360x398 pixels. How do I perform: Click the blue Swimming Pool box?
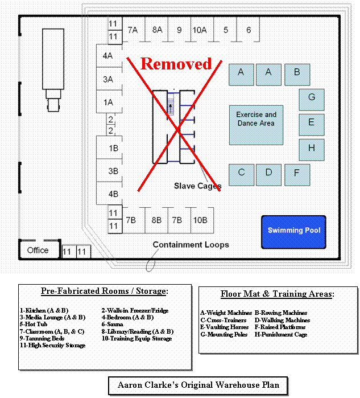[x=293, y=232]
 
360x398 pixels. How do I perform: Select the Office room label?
[x=38, y=250]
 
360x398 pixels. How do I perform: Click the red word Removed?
[x=176, y=63]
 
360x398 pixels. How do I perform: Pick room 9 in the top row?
[x=179, y=30]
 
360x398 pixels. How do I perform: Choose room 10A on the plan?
[x=199, y=30]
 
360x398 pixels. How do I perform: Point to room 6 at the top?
[x=249, y=30]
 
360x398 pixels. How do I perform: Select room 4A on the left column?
[x=107, y=56]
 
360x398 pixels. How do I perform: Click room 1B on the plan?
[x=113, y=148]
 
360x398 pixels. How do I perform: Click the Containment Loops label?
[x=191, y=245]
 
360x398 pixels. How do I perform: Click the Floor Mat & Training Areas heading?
[x=277, y=294]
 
